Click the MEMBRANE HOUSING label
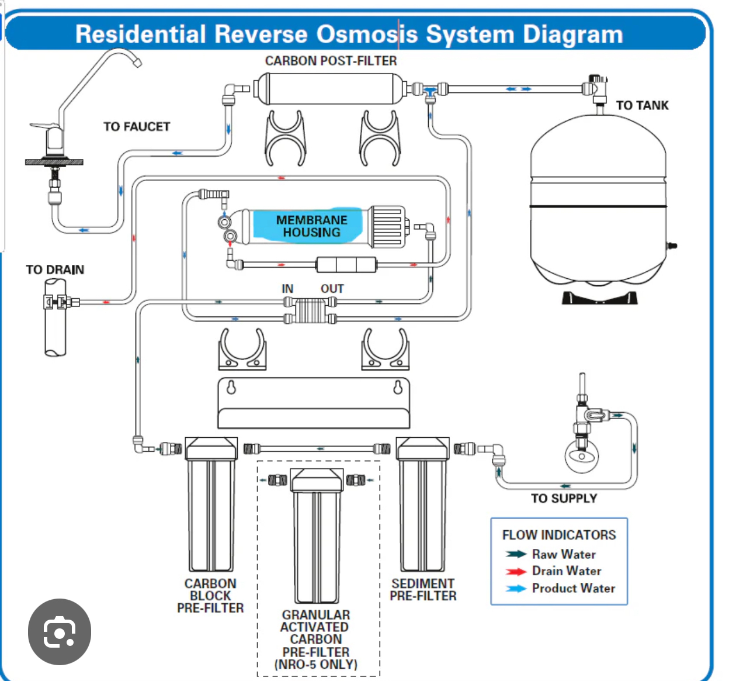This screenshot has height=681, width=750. pos(311,226)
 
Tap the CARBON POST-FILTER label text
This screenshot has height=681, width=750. pos(331,61)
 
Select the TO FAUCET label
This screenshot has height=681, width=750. pos(137,127)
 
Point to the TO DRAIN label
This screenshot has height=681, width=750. pos(55,269)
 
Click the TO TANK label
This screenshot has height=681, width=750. pos(642,105)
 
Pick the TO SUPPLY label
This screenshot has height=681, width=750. pos(564,499)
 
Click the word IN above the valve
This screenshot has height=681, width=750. pos(287,289)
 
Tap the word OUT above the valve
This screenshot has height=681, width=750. pos(332,289)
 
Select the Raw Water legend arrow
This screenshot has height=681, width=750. pos(516,554)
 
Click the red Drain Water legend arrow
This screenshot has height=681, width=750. pos(516,571)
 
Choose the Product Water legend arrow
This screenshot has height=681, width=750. pos(516,589)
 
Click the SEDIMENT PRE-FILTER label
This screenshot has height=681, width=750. pos(423,590)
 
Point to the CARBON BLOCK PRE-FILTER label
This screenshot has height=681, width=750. pos(210,596)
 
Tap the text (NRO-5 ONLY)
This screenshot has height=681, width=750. pos(316,665)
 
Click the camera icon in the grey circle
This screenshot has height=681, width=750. pos(60,632)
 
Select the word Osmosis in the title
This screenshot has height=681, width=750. pos(367,34)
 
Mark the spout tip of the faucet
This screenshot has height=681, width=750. pos(137,62)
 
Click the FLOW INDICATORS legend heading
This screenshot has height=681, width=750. pos(559,535)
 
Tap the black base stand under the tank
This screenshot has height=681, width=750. pos(599,298)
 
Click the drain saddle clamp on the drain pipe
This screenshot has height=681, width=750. pos(57,302)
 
